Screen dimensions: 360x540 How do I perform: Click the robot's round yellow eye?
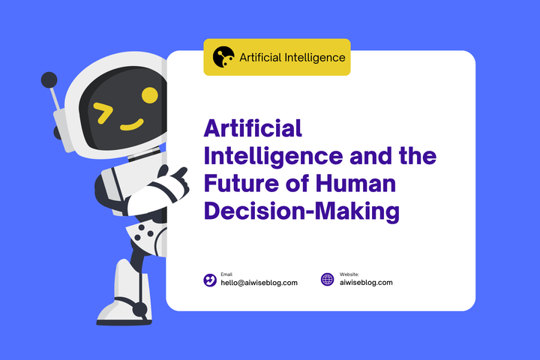150,95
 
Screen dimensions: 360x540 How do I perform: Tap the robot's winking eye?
103,114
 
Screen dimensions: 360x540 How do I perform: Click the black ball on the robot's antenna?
49,79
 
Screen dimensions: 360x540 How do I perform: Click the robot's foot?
124,307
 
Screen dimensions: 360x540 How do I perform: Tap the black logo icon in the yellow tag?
223,57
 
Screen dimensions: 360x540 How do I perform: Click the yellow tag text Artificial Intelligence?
292,57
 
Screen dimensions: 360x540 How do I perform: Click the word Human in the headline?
363,184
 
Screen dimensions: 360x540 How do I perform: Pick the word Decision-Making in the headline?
301,211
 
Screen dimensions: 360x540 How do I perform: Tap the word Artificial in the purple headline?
253,130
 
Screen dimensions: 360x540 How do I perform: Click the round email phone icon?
210,280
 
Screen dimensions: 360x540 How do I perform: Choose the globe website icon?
327,280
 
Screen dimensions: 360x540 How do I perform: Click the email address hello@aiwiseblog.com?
259,283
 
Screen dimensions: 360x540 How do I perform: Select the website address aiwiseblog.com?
366,283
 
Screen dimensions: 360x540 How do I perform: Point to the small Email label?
226,274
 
